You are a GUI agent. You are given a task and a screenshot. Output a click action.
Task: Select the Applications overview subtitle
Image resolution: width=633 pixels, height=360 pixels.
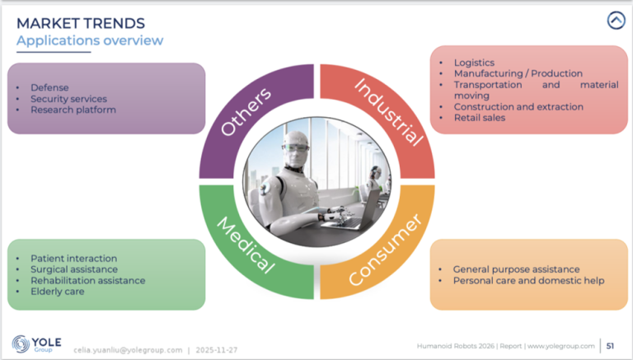tap(90, 40)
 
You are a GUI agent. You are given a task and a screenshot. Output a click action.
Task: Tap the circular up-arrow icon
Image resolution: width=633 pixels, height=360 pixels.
tap(616, 21)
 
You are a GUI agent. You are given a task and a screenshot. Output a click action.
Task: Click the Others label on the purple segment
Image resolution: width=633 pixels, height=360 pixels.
tap(246, 113)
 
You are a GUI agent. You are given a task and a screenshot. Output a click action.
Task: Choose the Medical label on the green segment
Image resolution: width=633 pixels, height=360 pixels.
tap(245, 245)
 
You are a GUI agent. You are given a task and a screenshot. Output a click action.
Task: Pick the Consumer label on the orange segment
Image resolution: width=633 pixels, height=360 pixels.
tap(386, 249)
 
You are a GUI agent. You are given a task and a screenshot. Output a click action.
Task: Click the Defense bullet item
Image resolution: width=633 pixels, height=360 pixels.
tap(49, 87)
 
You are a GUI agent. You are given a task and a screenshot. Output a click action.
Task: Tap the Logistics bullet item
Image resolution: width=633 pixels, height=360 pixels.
tap(474, 63)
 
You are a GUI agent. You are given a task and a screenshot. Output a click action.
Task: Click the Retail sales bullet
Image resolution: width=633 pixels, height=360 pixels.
tap(480, 118)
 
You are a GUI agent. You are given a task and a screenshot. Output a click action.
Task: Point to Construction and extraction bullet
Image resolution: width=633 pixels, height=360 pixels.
tap(518, 107)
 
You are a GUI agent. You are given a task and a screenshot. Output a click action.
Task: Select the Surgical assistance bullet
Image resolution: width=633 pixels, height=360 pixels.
tap(73, 269)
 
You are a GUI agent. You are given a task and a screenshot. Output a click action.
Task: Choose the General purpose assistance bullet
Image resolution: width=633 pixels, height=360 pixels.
tap(516, 269)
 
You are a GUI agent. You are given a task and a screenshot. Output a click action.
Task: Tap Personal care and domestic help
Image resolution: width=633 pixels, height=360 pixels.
tap(528, 280)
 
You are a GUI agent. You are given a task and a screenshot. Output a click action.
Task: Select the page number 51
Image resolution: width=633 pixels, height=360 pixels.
tap(611, 345)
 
